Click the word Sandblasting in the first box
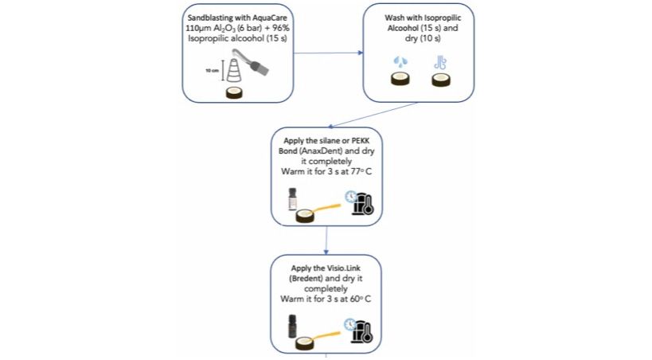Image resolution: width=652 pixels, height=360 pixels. (x=208, y=18)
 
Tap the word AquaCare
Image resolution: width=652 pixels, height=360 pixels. (x=270, y=18)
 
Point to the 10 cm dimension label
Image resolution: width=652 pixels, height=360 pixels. (x=212, y=71)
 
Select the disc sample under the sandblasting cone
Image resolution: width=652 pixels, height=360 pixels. (x=234, y=93)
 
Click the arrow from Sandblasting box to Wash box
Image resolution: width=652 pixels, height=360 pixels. (x=329, y=53)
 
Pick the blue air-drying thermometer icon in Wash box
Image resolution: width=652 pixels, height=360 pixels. (x=440, y=63)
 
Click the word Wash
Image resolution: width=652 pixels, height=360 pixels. (x=394, y=18)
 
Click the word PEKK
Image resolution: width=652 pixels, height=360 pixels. (x=361, y=141)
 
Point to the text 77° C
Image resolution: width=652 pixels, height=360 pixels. (x=361, y=171)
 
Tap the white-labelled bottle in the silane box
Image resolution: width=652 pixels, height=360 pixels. (x=293, y=199)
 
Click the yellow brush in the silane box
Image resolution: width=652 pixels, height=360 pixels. (x=325, y=207)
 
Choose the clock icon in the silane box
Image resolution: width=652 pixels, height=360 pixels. (x=351, y=197)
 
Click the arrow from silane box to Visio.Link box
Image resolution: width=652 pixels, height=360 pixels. (x=326, y=241)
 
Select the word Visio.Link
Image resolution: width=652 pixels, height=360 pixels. (x=343, y=268)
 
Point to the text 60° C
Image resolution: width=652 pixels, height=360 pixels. (x=361, y=299)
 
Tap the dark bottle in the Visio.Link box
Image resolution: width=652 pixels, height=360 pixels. (x=293, y=327)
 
